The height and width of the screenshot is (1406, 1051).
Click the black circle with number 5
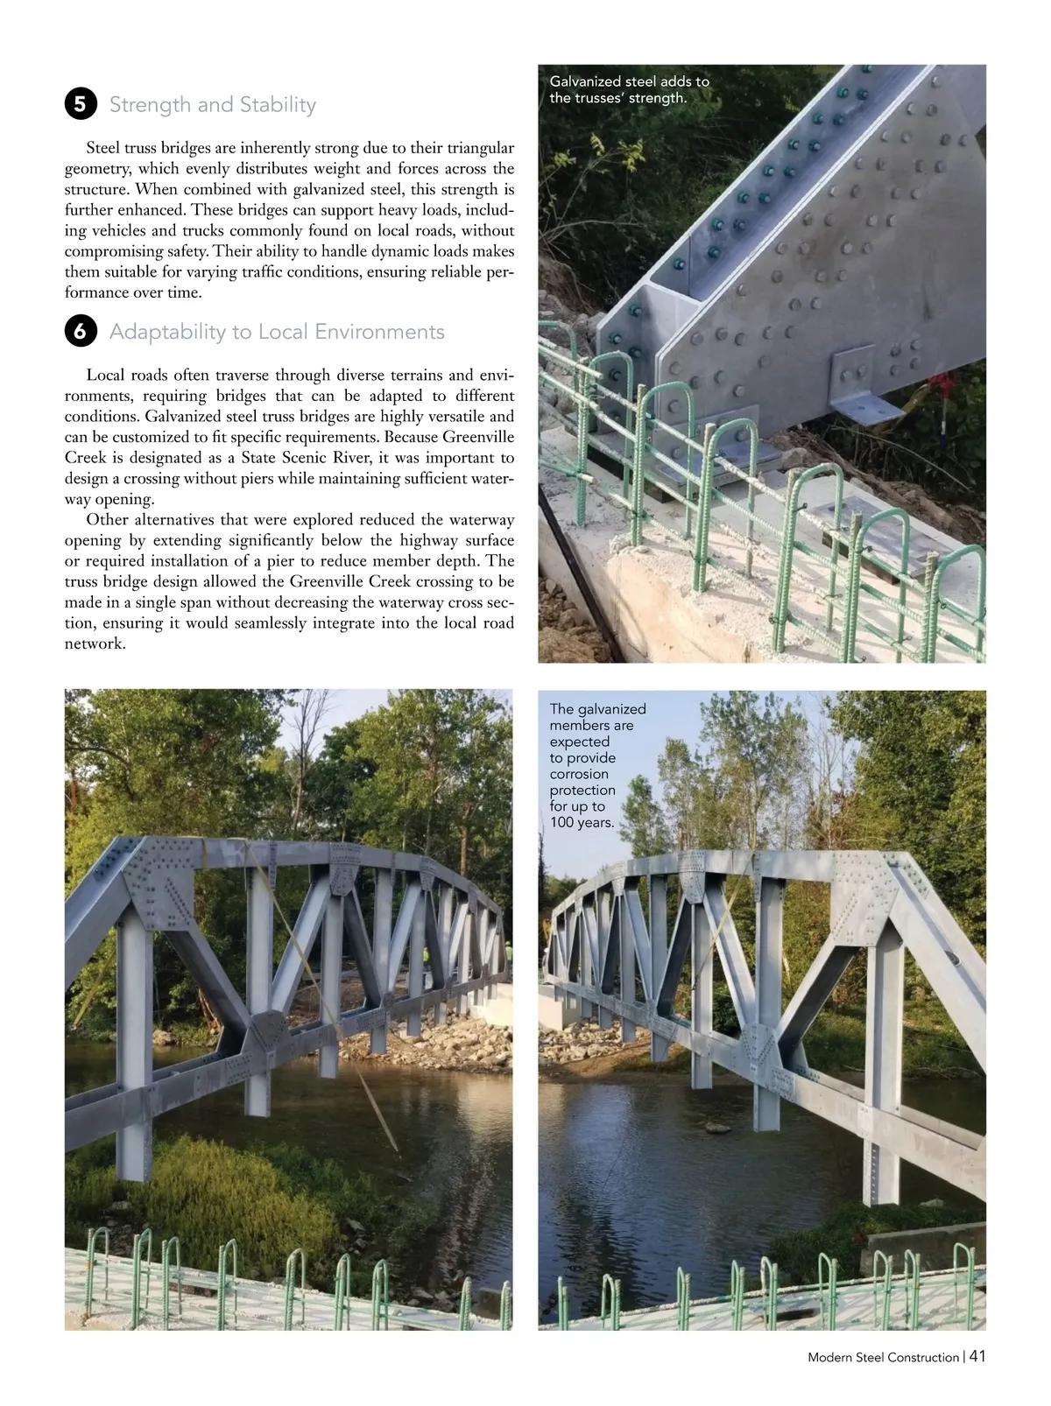[80, 105]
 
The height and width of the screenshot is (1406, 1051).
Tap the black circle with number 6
[80, 332]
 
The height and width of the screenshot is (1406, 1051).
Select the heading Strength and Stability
[212, 105]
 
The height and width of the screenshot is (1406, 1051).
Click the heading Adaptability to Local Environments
[277, 332]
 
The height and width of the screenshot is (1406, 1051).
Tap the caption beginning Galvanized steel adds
[629, 89]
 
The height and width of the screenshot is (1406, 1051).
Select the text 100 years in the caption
[582, 823]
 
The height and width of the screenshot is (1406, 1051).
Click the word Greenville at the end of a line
[480, 437]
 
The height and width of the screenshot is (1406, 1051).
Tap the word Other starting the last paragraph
[107, 520]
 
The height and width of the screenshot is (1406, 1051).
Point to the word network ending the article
[95, 643]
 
